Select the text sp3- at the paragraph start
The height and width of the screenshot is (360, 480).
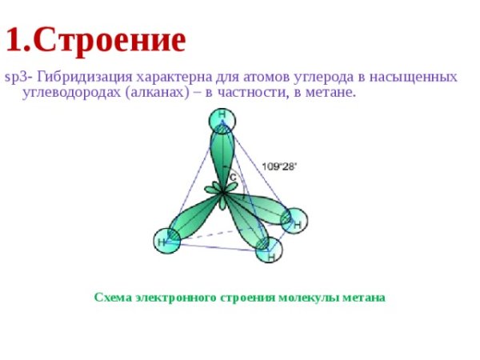pos(17,77)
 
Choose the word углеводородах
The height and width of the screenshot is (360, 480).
pos(64,93)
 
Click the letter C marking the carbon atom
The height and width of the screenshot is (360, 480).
pos(233,176)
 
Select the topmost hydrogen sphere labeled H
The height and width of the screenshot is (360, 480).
pos(222,120)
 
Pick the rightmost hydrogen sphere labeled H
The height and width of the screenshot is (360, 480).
pos(294,221)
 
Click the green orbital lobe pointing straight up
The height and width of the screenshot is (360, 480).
pos(222,156)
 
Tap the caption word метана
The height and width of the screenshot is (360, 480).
pos(362,298)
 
